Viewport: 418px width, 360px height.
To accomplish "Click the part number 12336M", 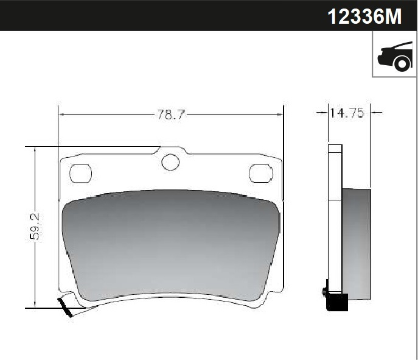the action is [x=364, y=16].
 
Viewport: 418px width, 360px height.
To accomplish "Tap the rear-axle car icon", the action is [x=395, y=56].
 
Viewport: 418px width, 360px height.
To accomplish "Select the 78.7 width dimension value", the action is [x=170, y=115].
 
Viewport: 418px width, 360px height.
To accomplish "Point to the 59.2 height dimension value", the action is [x=35, y=227].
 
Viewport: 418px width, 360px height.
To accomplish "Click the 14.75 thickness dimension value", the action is [x=347, y=113].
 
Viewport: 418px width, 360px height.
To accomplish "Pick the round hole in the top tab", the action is [x=170, y=162].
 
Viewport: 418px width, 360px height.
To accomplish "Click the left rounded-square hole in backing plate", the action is [x=80, y=173].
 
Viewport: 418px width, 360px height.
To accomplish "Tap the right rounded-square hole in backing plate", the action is [x=260, y=173].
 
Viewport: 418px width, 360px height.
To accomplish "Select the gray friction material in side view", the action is [x=356, y=244].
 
